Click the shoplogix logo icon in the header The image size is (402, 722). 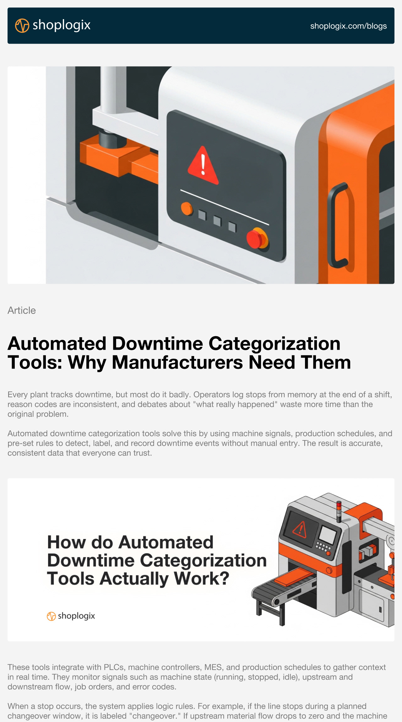click(x=22, y=25)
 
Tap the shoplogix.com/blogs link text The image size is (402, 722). click(x=348, y=26)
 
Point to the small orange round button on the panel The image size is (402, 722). click(x=187, y=209)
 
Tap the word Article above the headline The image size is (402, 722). click(x=22, y=310)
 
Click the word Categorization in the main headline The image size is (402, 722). click(x=274, y=343)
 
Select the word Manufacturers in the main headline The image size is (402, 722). click(x=177, y=363)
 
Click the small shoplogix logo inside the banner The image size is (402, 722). click(x=71, y=616)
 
